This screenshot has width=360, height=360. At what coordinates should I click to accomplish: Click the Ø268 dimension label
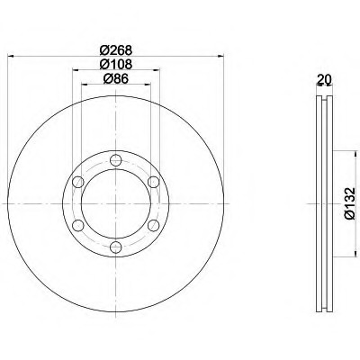116,50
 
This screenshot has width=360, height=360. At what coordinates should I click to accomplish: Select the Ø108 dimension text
116,64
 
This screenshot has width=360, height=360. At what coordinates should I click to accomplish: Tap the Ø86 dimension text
116,78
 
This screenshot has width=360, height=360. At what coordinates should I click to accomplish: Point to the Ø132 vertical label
350,203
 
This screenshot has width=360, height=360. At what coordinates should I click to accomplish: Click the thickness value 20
324,79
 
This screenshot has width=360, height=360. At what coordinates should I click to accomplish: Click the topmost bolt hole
115,160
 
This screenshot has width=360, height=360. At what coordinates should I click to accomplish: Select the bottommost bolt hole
115,247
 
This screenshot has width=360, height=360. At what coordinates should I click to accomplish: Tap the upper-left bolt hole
78,182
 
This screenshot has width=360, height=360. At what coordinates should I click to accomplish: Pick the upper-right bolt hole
153,182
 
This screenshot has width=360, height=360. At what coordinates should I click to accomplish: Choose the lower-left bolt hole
78,225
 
